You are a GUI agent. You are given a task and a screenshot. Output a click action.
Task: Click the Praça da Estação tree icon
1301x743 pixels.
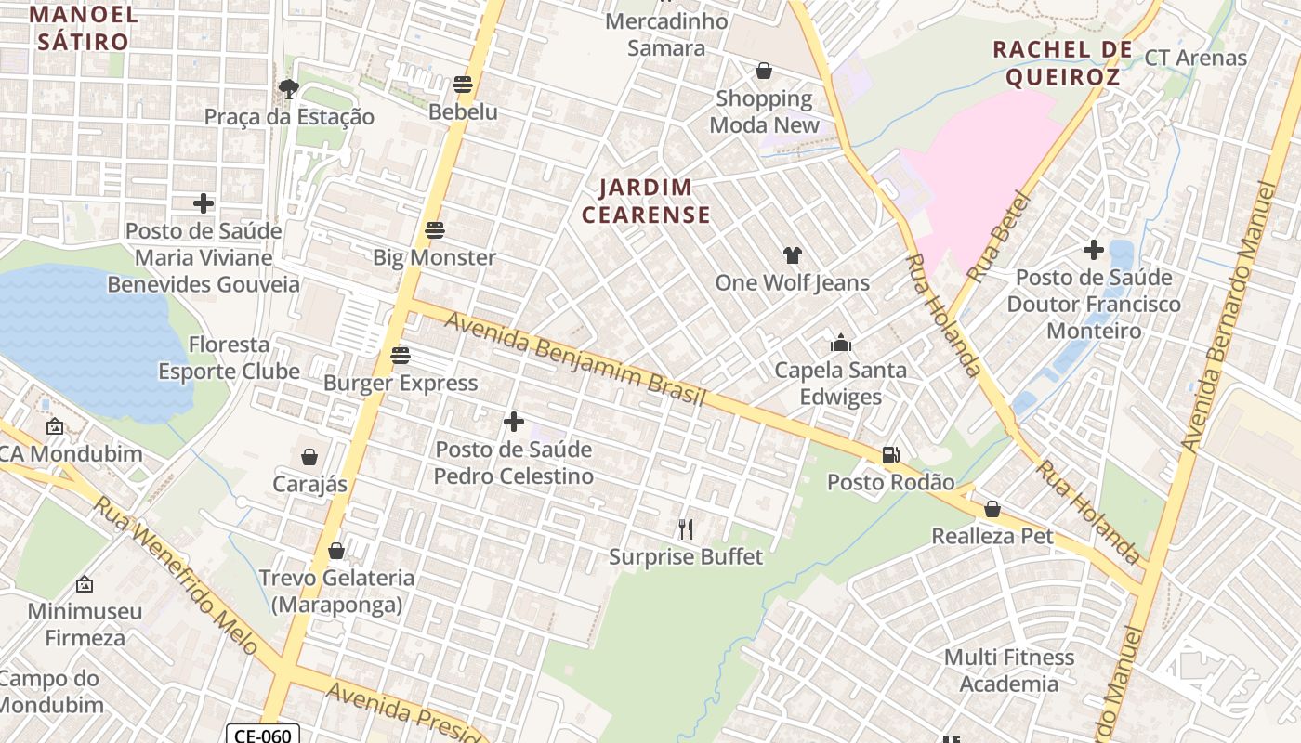coord(289,89)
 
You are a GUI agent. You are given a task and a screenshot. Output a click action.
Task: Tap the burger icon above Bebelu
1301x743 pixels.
coord(463,85)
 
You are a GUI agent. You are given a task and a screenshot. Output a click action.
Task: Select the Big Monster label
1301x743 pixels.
coord(435,257)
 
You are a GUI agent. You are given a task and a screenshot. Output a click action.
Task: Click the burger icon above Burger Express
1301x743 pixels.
coord(401,355)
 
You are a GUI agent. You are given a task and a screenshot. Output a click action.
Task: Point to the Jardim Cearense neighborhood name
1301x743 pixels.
coord(646,202)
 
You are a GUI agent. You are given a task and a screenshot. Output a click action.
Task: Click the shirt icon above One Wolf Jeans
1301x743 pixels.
coord(792,254)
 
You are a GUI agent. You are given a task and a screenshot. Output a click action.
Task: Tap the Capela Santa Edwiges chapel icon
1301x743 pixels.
coord(841,343)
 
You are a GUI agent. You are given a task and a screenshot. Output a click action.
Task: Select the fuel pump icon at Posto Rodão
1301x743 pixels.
coord(890,455)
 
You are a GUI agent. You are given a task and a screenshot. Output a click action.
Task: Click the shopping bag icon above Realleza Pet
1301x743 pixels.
coord(992,509)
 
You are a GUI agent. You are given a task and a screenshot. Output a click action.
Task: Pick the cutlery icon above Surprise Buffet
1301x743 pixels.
coord(686,529)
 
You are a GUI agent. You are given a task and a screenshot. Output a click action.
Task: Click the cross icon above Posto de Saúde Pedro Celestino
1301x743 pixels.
coord(514,422)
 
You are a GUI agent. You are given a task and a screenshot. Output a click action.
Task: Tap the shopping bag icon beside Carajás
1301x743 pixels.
coord(309,457)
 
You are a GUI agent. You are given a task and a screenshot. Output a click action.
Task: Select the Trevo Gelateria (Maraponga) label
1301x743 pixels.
coord(336,592)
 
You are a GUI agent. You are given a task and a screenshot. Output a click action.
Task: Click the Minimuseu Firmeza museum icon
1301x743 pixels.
coord(85,584)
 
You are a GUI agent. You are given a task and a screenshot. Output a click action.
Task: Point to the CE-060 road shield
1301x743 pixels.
coord(263,735)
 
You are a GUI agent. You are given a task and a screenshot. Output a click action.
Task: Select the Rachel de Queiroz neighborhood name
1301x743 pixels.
coord(1062,63)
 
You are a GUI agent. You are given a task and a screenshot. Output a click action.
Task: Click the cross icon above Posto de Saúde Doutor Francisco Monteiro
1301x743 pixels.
coord(1094,250)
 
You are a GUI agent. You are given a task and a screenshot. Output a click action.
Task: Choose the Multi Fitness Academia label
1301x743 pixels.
coord(1009,671)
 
